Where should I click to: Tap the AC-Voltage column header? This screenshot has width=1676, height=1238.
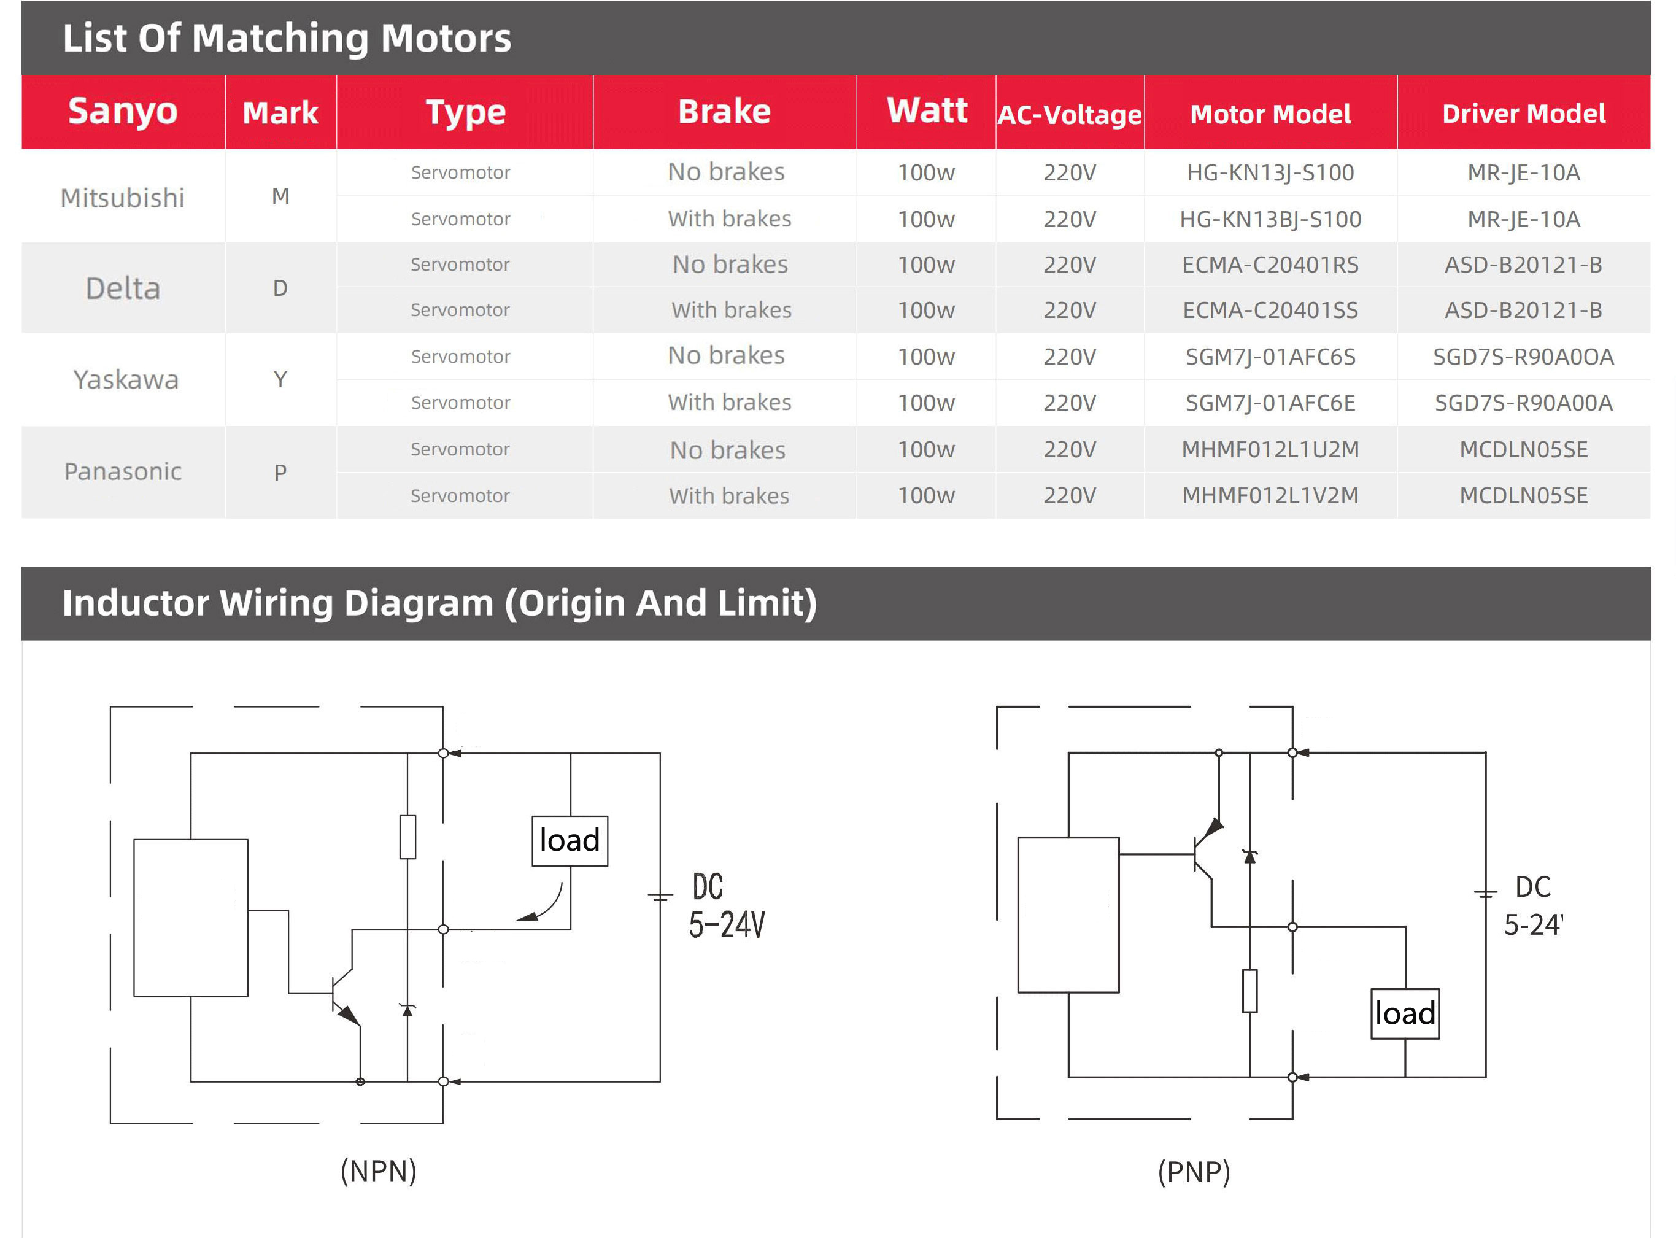1069,115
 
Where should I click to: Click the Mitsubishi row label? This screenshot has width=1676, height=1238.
122,198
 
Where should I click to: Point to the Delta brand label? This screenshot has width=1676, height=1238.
123,288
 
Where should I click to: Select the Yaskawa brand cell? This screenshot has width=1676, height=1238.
126,380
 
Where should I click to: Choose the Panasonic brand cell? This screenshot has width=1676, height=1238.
123,471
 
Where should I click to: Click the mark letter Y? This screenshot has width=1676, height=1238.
280,380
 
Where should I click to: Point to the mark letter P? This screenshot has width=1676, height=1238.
280,472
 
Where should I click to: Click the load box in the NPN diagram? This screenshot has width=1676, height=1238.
570,841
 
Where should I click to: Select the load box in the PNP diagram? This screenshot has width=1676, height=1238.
1405,1014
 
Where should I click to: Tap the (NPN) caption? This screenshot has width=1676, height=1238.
379,1170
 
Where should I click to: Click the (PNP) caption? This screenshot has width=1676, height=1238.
1194,1171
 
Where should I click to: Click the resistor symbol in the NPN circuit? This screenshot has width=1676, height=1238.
407,837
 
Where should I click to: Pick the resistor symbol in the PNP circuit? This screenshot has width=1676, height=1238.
1249,991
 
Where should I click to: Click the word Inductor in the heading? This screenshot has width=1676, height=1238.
136,603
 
